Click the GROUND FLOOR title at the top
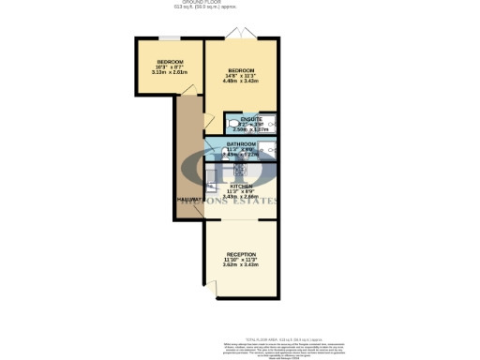[x=240, y=3]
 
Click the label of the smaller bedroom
[x=171, y=62]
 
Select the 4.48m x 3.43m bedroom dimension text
[x=242, y=82]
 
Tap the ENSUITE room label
[x=250, y=119]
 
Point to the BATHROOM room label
[x=241, y=144]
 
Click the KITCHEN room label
[x=241, y=186]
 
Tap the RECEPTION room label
[x=241, y=254]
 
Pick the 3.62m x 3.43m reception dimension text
[x=241, y=265]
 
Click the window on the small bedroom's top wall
[x=170, y=38]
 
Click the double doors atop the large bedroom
[x=243, y=36]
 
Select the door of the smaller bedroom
[x=188, y=88]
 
